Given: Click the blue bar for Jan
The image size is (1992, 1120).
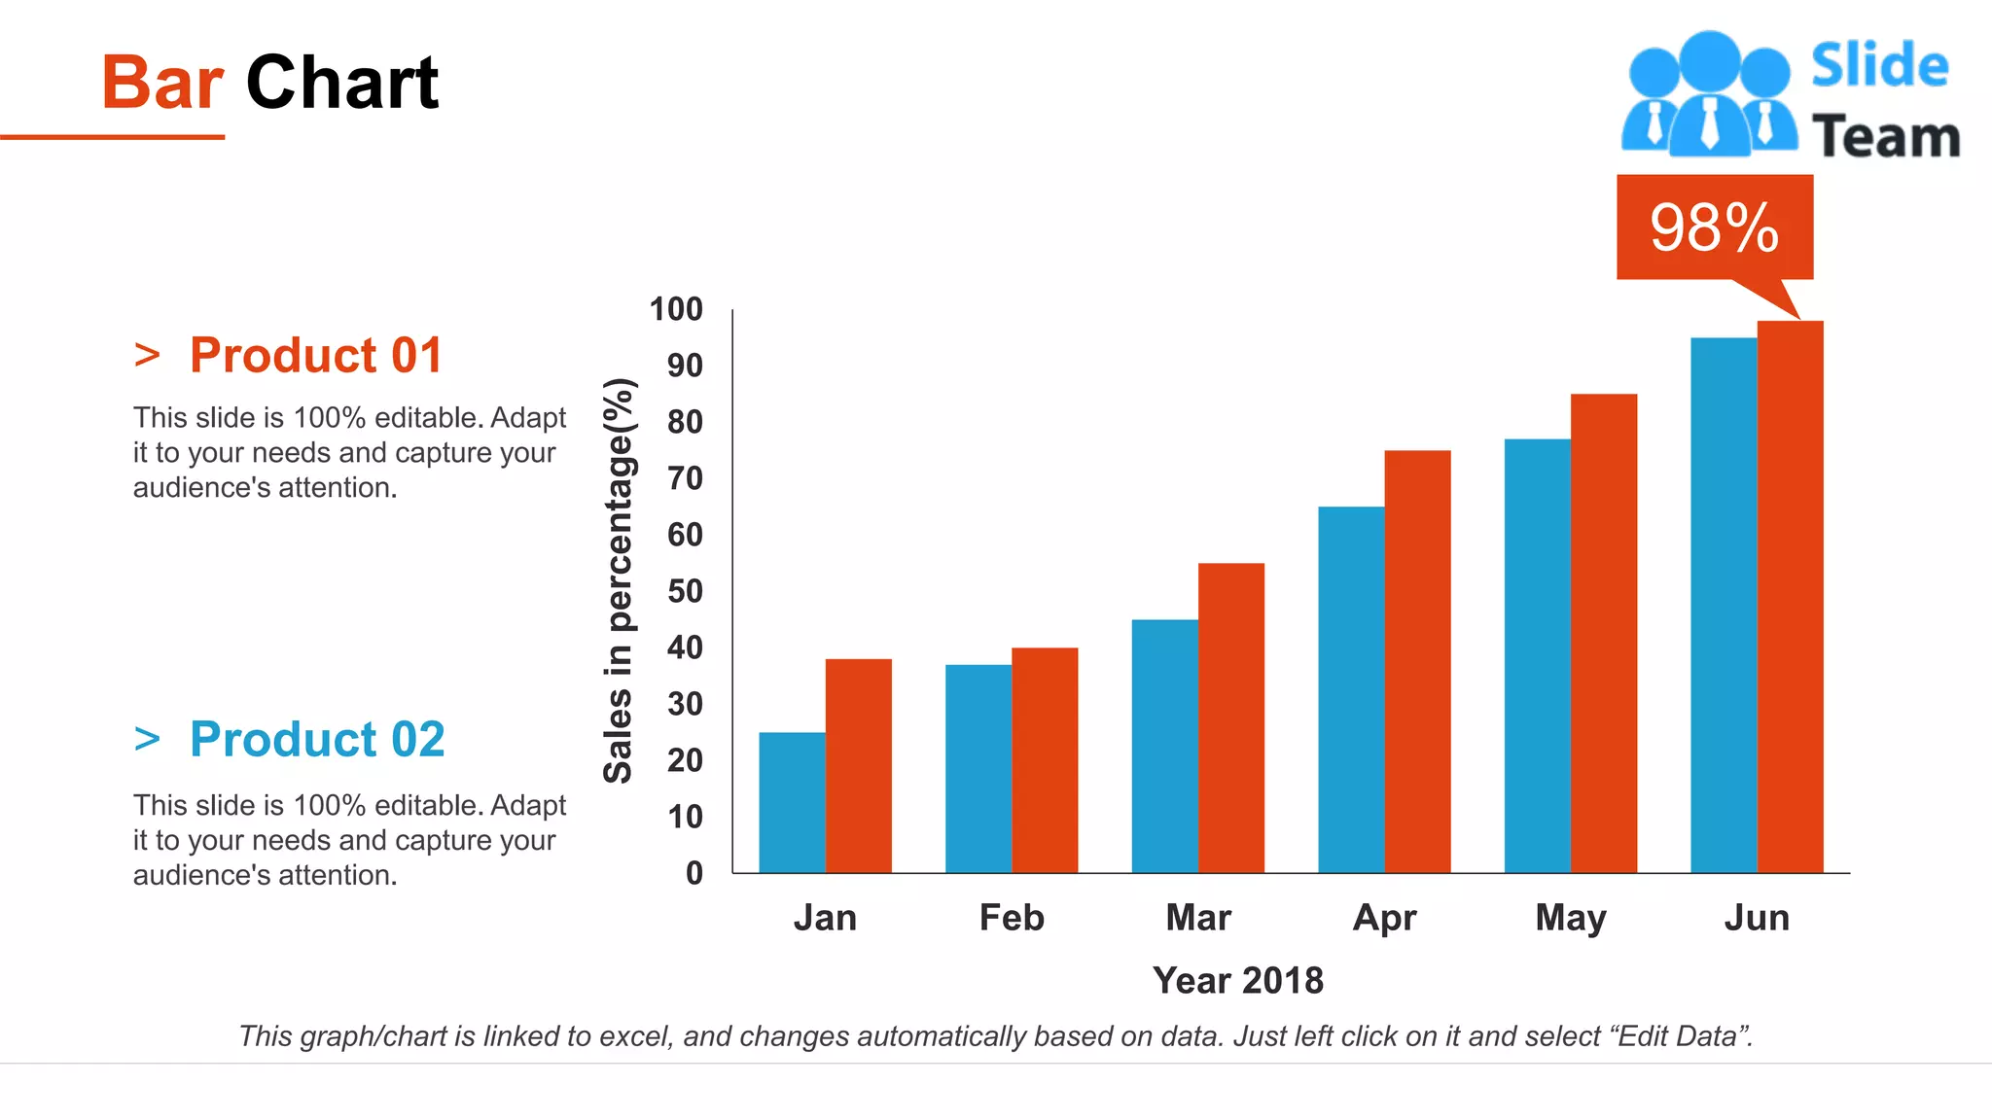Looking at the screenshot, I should click(x=792, y=802).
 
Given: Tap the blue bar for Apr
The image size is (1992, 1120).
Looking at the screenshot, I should click(x=1351, y=689).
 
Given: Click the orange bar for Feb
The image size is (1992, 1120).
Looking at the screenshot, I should click(x=1045, y=759).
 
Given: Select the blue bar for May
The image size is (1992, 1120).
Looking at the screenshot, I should click(x=1537, y=655).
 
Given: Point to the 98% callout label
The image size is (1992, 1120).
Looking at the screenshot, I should click(x=1714, y=227).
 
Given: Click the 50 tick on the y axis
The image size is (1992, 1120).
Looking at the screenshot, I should click(x=685, y=591).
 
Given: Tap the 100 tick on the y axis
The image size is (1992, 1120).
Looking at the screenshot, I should click(x=676, y=309).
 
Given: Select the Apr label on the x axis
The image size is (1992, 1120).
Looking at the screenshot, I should click(x=1384, y=918).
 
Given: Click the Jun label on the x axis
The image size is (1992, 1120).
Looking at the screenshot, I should click(x=1757, y=918).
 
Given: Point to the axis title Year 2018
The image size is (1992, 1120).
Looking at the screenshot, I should click(x=1237, y=980).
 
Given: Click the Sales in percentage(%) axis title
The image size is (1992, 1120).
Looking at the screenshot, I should click(x=619, y=580).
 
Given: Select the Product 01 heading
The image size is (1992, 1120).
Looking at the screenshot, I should click(x=315, y=355).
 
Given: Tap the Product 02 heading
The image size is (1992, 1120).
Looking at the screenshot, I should click(x=317, y=739).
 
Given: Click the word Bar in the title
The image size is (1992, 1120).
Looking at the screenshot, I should click(x=162, y=83).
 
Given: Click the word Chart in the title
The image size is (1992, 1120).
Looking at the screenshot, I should click(x=342, y=83).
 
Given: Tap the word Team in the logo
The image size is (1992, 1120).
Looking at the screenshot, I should click(x=1885, y=136).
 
